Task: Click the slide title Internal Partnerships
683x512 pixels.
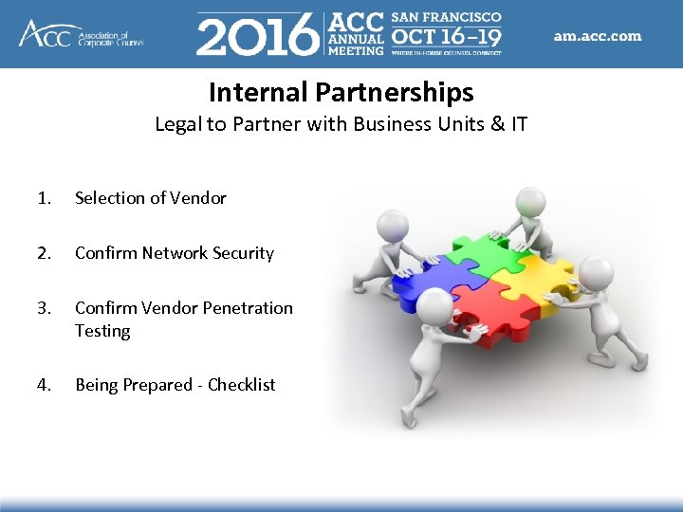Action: click(341, 92)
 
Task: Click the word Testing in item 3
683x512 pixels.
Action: click(102, 331)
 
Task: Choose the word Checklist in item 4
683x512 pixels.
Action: click(242, 385)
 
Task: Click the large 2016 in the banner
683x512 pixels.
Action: click(257, 35)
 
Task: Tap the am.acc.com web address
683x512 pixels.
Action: click(598, 36)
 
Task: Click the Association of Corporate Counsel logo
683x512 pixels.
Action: click(81, 34)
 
